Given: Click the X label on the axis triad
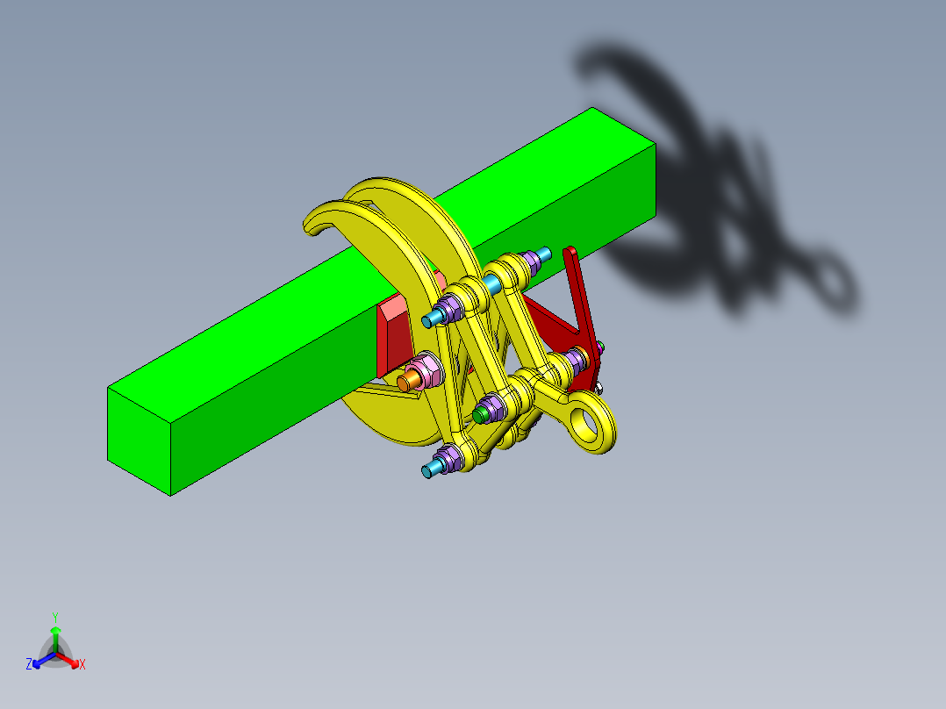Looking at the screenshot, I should point(82,665).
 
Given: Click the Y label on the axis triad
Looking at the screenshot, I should point(55,617).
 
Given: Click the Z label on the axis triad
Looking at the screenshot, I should point(29,665).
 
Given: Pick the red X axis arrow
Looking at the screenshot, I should point(71,661).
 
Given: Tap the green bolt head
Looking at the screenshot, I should point(480,412).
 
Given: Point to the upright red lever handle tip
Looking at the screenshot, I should point(570,254).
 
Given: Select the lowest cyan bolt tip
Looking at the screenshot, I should point(428,471).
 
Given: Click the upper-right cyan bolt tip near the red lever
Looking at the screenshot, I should point(544,254).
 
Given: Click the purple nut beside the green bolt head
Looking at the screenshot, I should point(493,405).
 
